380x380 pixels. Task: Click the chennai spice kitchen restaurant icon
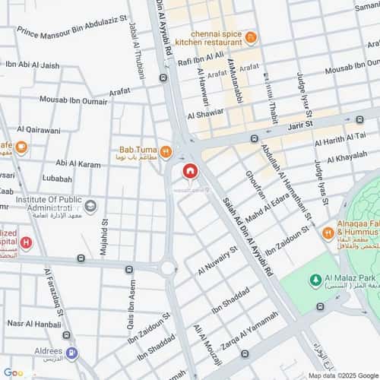251,37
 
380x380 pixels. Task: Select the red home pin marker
188,172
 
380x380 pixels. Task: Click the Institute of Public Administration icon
90,206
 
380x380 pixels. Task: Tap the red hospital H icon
27,243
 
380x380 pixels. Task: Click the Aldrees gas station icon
71,353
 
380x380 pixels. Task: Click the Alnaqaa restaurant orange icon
328,232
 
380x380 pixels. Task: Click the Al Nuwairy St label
218,260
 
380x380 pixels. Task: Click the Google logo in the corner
14,372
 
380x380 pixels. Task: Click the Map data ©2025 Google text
340,375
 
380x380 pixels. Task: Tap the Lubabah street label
58,179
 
